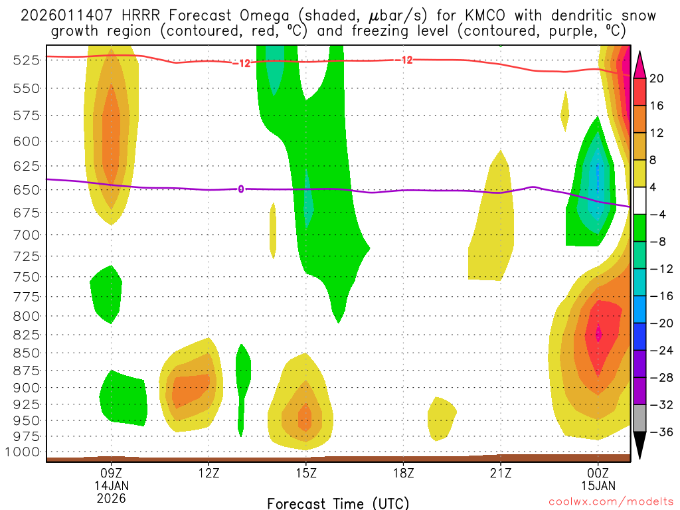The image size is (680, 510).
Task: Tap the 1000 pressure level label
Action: click(21, 452)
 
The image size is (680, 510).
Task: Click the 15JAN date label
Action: click(598, 485)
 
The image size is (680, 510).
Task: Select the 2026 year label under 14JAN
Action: click(111, 497)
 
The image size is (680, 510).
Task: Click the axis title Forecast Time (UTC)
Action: click(338, 503)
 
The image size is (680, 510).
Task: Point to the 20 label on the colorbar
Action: click(657, 78)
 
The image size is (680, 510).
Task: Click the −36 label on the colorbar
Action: click(658, 432)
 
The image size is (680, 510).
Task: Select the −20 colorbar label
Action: click(658, 323)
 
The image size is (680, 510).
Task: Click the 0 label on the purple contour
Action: click(241, 189)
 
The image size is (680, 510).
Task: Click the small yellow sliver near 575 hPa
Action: click(565, 112)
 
